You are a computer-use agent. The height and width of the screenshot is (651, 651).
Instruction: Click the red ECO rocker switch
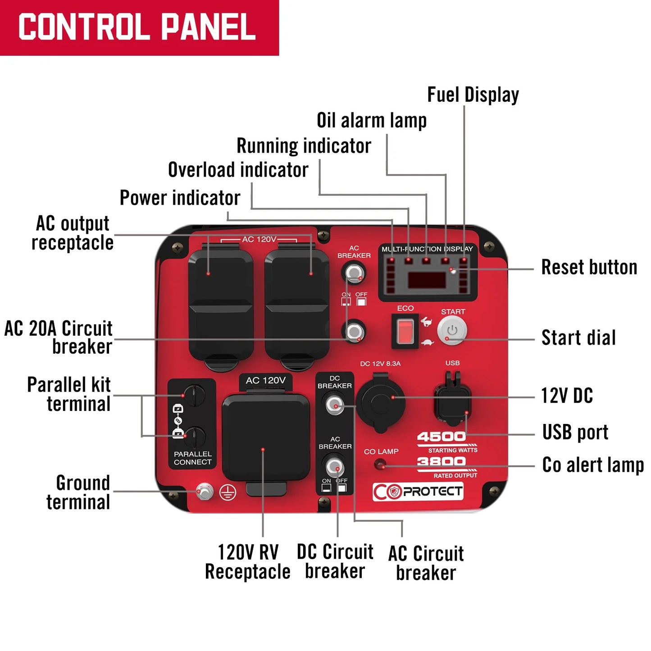pos(405,331)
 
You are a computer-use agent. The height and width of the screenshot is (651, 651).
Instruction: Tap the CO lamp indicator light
pos(381,464)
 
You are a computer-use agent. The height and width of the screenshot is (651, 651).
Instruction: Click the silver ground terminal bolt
pos(205,491)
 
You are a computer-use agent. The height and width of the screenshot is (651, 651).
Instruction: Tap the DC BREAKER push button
pos(335,404)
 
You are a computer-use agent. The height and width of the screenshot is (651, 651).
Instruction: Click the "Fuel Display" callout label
pos(473,95)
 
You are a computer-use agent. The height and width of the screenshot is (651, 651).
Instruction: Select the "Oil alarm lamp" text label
pos(372,120)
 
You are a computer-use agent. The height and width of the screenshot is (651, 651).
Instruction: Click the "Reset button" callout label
pos(589,267)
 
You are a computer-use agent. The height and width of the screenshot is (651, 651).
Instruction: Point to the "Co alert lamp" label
pos(593,465)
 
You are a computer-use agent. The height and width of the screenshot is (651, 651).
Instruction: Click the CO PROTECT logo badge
pos(418,492)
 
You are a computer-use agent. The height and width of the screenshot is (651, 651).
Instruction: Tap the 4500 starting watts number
pos(441,437)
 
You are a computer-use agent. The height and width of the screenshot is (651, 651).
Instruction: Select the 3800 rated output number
pos(441,462)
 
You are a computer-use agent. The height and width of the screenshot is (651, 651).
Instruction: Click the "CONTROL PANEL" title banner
pos(137,27)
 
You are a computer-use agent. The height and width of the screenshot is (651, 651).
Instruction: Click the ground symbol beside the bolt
pos(228,493)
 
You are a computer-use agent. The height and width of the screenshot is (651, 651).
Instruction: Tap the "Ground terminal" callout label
pos(78,492)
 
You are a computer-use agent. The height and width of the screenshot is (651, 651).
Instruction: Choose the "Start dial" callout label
pos(578,338)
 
